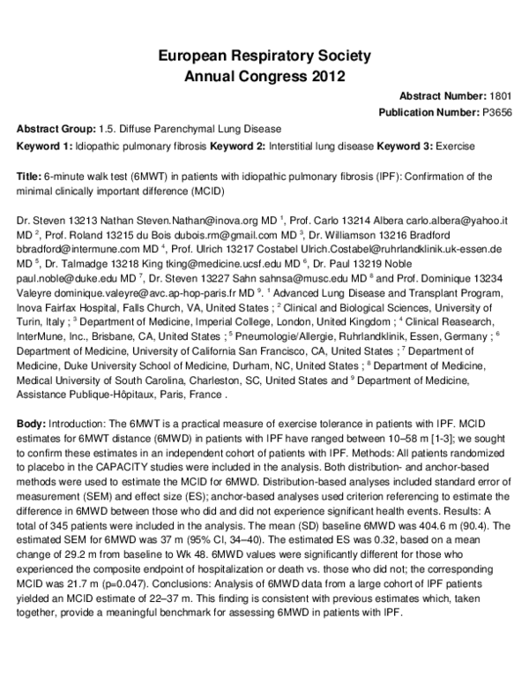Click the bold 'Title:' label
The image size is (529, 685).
[x=28, y=177]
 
